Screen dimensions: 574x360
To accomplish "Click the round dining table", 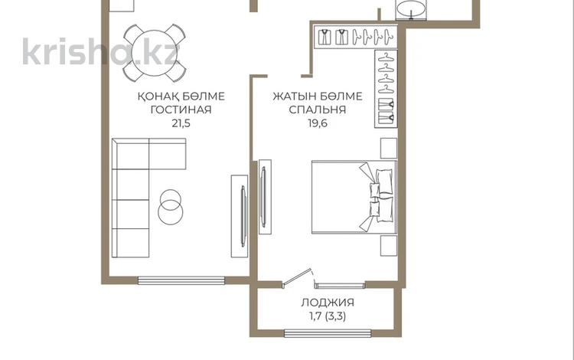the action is click(155, 53).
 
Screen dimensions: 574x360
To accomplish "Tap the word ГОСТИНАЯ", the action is click(181, 110).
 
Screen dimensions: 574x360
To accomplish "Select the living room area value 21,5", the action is click(181, 123).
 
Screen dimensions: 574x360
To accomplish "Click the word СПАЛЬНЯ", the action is click(318, 110).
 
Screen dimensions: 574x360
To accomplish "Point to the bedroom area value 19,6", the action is click(318, 123).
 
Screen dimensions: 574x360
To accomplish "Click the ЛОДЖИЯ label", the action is click(328, 303).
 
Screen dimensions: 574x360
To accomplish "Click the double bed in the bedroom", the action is click(354, 197).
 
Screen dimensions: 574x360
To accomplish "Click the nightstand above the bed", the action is click(388, 149).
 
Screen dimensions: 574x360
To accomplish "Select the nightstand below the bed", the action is click(388, 246).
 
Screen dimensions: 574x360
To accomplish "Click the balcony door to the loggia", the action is click(297, 278).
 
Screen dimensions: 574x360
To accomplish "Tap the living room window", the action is click(181, 280).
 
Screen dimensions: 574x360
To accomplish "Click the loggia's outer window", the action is click(328, 333).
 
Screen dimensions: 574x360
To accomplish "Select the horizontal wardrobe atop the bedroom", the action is click(355, 37).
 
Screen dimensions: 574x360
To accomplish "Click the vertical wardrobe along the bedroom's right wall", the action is click(386, 89).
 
